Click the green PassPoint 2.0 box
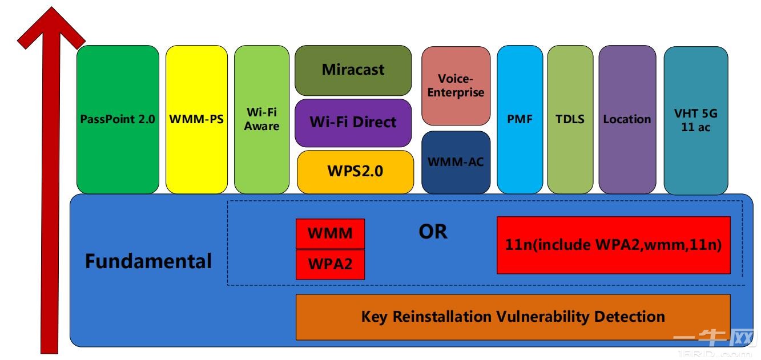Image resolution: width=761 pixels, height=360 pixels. click(118, 120)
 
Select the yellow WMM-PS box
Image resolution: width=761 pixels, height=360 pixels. click(196, 120)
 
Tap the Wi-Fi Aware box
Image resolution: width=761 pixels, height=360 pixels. click(261, 120)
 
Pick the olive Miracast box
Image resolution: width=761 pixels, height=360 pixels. click(353, 70)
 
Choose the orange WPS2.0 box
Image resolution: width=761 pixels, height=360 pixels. click(355, 172)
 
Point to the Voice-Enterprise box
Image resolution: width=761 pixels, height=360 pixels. click(456, 86)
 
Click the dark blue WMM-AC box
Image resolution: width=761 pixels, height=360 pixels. click(456, 162)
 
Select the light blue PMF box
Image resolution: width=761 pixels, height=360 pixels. click(520, 120)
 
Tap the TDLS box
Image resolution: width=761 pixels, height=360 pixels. click(569, 120)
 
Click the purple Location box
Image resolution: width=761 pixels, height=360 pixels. click(627, 120)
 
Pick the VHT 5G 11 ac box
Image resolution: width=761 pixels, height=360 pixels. click(695, 120)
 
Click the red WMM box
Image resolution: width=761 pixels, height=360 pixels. click(330, 233)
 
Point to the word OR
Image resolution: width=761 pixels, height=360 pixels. click(433, 232)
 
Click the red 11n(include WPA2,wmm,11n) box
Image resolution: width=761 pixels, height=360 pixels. click(613, 245)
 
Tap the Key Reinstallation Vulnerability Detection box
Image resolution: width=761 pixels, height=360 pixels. click(513, 317)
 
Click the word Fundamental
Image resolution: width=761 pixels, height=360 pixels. click(148, 262)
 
